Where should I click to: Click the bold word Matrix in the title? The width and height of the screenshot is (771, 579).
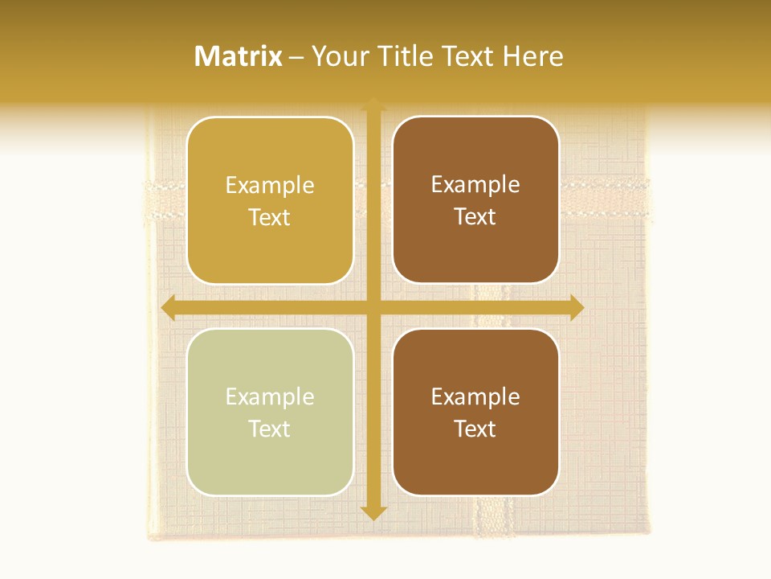(x=239, y=56)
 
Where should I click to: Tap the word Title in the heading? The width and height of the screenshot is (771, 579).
(x=404, y=56)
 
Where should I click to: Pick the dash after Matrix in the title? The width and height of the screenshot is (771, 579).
(x=296, y=57)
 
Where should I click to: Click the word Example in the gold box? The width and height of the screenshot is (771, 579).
(x=270, y=185)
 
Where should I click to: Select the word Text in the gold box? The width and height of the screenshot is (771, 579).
(x=270, y=217)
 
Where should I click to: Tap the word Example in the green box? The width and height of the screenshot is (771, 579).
(x=270, y=396)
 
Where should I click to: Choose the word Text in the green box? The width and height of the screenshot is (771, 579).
(x=270, y=429)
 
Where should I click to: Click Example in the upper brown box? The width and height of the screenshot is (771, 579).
(x=475, y=184)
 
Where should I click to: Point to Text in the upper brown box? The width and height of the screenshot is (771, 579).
(x=475, y=216)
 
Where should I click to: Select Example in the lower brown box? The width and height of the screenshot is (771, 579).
(x=475, y=396)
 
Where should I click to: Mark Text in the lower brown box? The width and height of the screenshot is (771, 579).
(x=475, y=429)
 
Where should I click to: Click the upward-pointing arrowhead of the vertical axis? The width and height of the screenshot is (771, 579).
(x=373, y=105)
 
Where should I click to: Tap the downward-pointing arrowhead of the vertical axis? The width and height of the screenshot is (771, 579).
(x=373, y=511)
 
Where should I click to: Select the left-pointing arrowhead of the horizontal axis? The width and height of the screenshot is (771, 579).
(x=168, y=307)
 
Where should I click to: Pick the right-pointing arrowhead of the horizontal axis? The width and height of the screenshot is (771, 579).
(x=577, y=307)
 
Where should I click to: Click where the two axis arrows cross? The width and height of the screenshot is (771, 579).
(x=373, y=307)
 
